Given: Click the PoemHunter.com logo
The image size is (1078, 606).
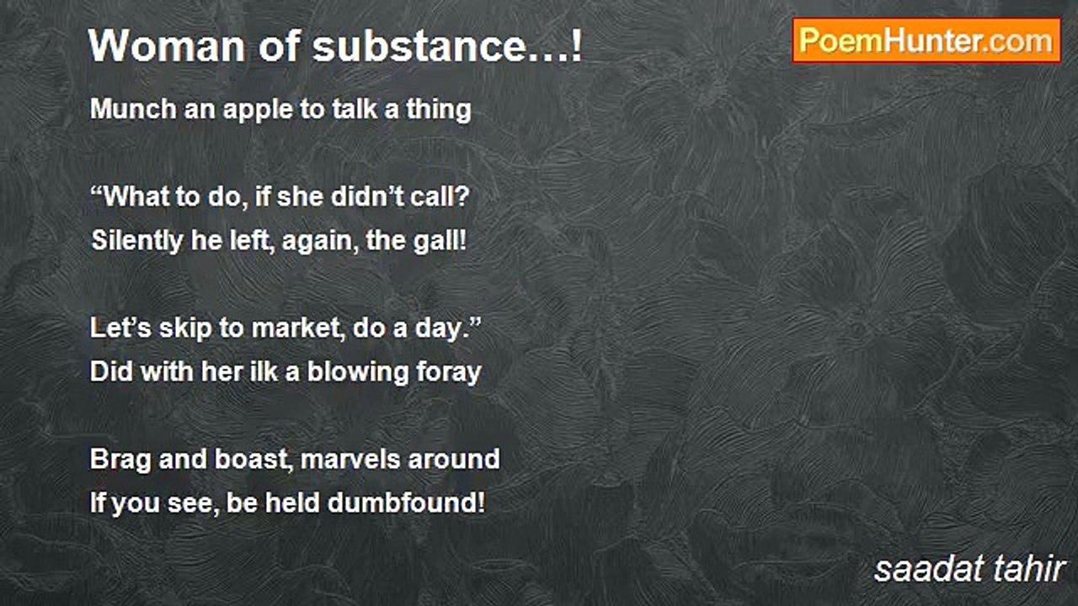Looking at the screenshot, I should point(926,40).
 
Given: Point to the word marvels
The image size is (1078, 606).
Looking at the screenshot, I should point(350,460).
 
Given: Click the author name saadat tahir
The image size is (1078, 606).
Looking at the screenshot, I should point(969,569).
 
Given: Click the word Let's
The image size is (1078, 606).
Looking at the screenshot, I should point(117,328).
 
